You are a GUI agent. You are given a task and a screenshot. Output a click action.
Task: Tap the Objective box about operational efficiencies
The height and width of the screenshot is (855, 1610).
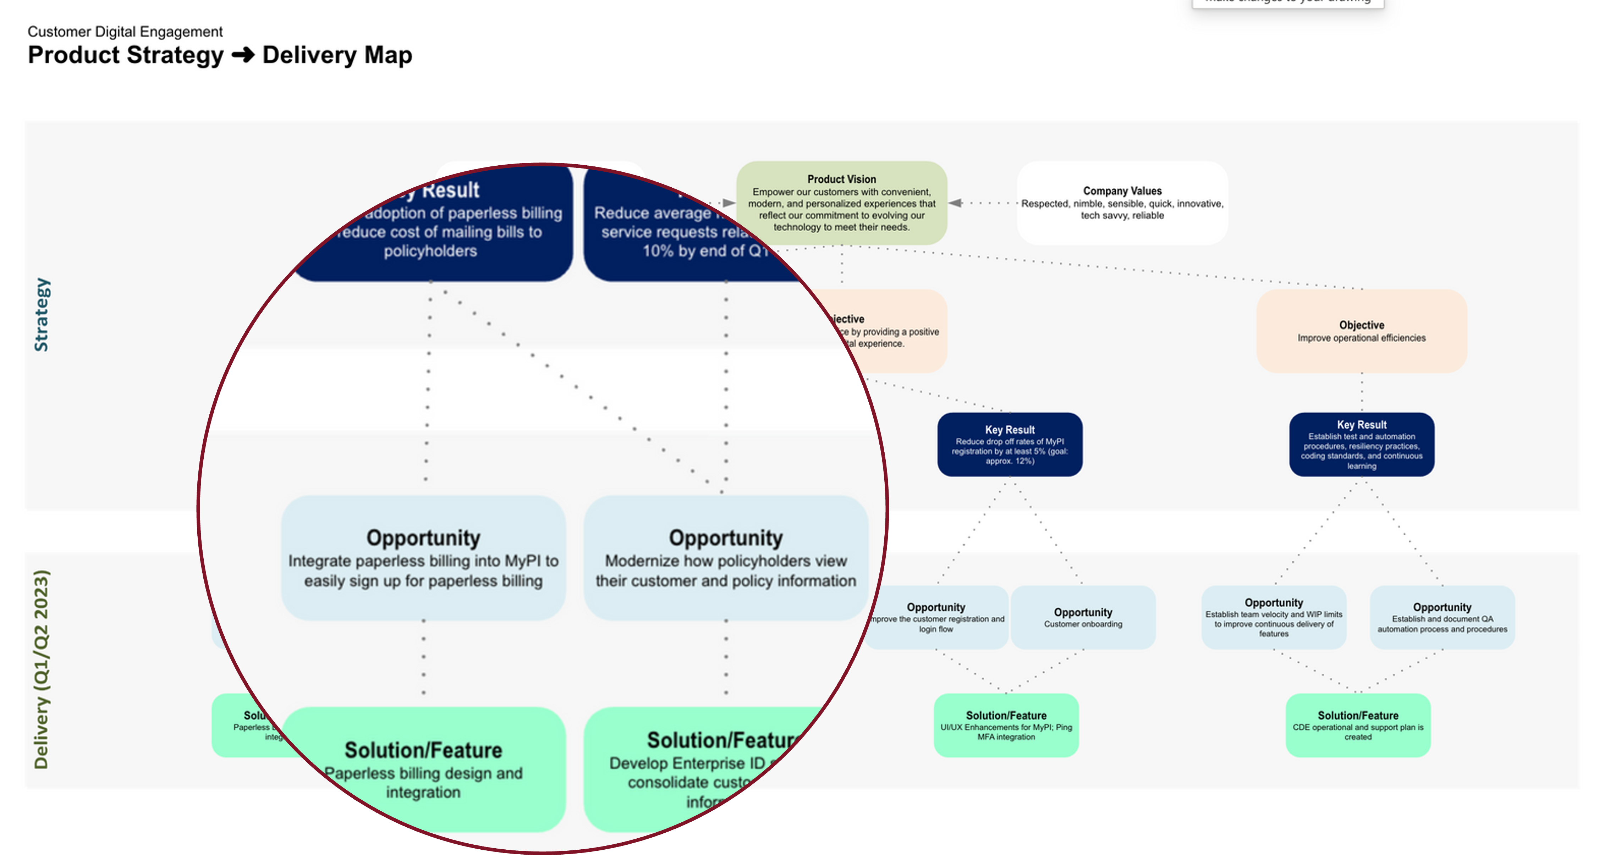[1361, 331]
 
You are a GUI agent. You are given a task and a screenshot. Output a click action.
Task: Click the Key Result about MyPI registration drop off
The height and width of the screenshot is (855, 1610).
[1009, 445]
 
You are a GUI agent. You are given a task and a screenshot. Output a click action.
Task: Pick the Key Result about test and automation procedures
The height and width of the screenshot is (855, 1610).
[1361, 445]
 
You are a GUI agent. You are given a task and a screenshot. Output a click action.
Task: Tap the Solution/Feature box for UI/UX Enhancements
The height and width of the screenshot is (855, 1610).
[1006, 725]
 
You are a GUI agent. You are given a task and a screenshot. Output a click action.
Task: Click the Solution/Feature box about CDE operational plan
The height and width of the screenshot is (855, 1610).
[1357, 725]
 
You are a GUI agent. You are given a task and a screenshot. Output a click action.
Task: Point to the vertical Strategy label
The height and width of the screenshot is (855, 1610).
[41, 314]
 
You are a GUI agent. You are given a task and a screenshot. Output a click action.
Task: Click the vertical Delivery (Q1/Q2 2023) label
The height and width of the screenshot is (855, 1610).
[41, 669]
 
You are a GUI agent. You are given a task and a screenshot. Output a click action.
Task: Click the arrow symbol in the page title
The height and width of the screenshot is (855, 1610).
[243, 55]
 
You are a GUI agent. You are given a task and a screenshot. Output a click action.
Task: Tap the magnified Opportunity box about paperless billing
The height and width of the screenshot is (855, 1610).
[423, 558]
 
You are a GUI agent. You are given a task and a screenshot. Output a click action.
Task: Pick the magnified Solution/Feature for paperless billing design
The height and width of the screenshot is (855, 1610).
[423, 769]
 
